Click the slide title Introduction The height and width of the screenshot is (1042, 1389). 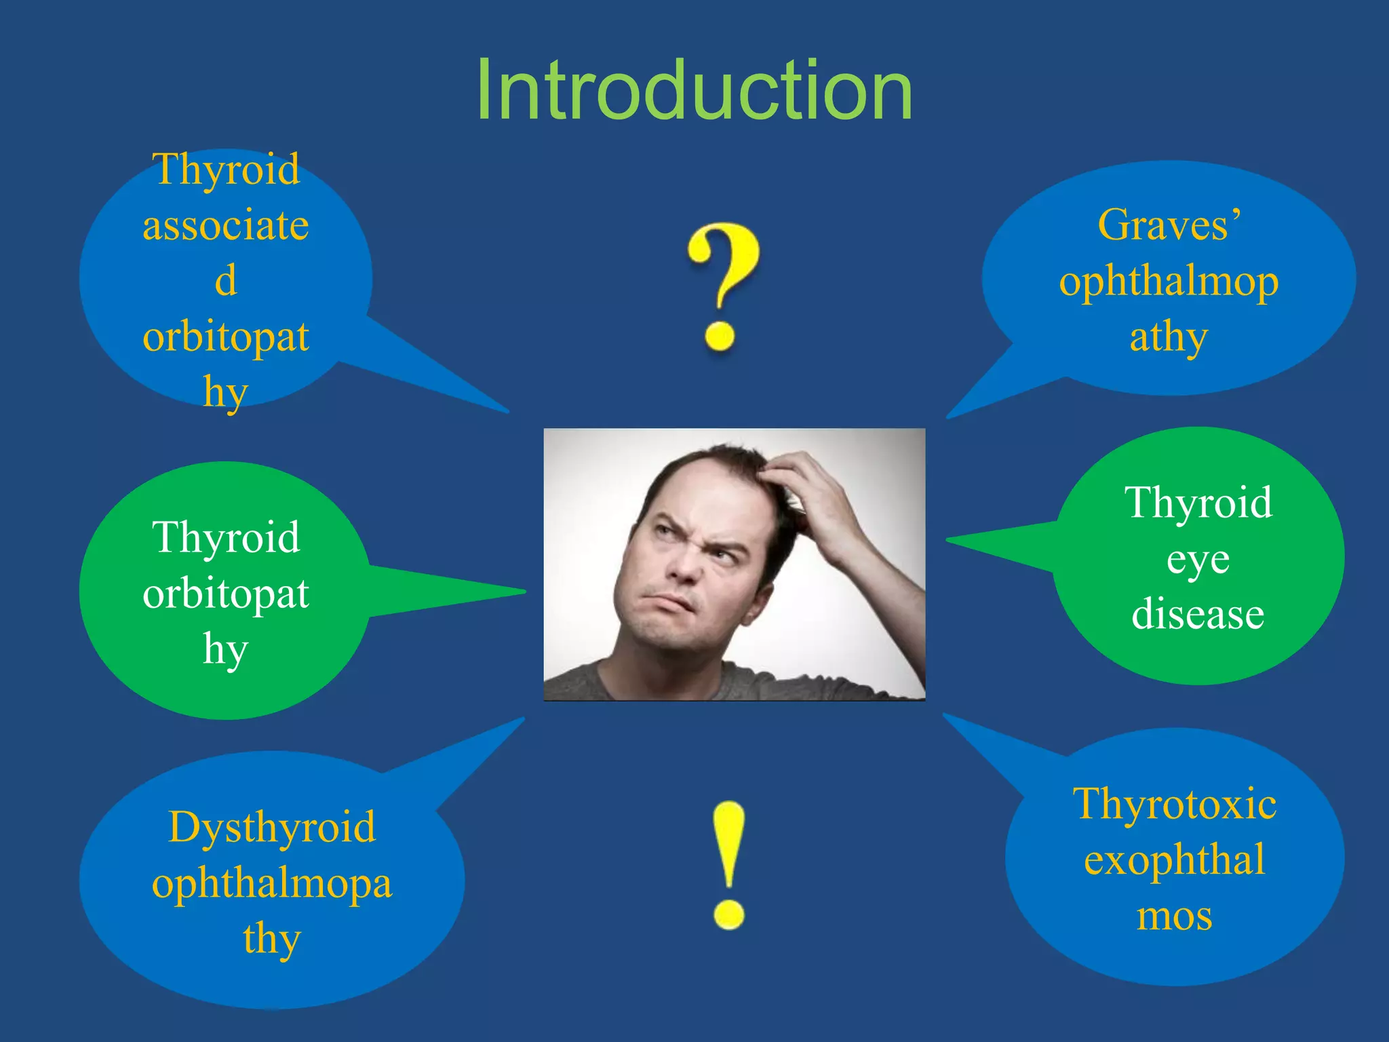pos(694,90)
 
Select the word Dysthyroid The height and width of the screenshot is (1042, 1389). pos(271,828)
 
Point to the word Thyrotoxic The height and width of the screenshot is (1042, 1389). pos(1174,805)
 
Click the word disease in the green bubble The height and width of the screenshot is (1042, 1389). pos(1198,615)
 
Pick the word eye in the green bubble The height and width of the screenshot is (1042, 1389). pos(1198,560)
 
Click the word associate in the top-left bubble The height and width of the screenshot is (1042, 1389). pos(226,225)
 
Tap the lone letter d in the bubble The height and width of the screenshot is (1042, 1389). pos(226,280)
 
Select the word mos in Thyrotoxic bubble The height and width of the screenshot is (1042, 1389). pos(1174,916)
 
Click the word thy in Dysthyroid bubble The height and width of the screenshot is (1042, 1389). pos(271,939)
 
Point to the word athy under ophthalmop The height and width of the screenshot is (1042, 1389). pos(1169,336)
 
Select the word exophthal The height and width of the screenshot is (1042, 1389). pos(1174,860)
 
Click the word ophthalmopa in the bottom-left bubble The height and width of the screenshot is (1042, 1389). pos(271,883)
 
